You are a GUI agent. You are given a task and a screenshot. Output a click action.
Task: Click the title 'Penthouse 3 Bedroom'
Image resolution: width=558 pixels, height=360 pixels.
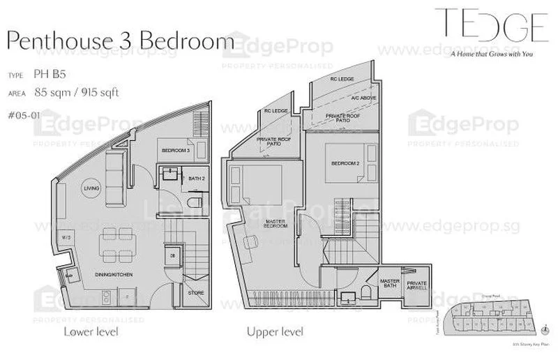click(x=120, y=40)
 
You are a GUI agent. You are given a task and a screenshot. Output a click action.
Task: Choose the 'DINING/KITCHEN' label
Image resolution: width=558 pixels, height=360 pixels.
click(x=114, y=276)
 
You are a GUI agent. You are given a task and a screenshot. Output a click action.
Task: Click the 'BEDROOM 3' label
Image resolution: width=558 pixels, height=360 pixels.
click(x=176, y=150)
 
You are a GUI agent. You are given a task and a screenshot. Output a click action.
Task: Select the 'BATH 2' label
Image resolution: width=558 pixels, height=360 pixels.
click(x=197, y=179)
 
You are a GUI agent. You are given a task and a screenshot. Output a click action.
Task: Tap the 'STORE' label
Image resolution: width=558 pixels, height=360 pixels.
click(x=196, y=293)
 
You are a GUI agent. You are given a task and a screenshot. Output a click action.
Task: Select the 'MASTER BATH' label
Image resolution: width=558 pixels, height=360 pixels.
click(x=389, y=283)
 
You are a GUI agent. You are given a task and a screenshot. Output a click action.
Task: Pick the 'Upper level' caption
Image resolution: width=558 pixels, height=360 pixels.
click(x=275, y=331)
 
